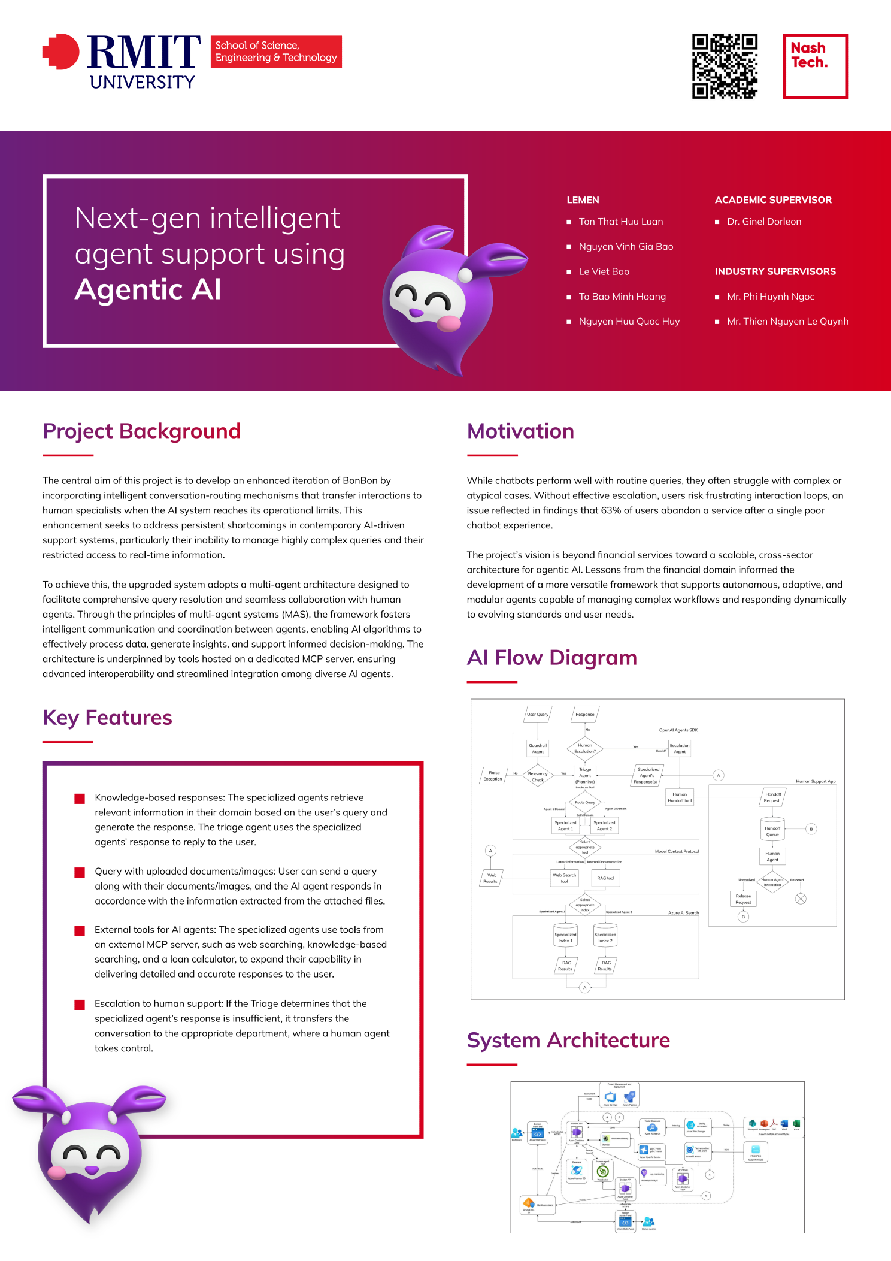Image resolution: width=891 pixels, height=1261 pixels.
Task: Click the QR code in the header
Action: pyautogui.click(x=725, y=66)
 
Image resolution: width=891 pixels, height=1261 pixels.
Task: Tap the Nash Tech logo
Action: pyautogui.click(x=816, y=66)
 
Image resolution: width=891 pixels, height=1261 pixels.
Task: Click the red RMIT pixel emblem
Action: pyautogui.click(x=61, y=52)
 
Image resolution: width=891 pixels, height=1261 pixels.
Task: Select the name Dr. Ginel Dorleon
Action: pyautogui.click(x=763, y=222)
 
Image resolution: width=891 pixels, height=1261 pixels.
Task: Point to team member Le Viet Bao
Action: pyautogui.click(x=604, y=271)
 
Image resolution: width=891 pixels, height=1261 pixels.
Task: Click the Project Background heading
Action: pyautogui.click(x=141, y=431)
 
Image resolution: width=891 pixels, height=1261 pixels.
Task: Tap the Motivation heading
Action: pyautogui.click(x=520, y=431)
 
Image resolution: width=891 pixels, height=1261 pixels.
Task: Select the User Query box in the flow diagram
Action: pyautogui.click(x=538, y=714)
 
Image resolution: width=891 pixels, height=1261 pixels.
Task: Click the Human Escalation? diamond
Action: pyautogui.click(x=585, y=748)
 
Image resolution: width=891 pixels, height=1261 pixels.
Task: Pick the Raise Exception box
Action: pyautogui.click(x=493, y=776)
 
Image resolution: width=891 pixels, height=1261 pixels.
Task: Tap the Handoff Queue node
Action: pyautogui.click(x=772, y=831)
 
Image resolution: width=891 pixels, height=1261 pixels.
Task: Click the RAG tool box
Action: pyautogui.click(x=605, y=878)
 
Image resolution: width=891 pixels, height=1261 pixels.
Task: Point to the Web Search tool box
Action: pyautogui.click(x=564, y=878)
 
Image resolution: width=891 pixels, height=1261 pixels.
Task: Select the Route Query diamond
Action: pyautogui.click(x=585, y=802)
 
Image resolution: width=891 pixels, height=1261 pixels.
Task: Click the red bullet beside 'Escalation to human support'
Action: pyautogui.click(x=80, y=1005)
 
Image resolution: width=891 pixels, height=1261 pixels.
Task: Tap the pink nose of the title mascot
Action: pyautogui.click(x=448, y=323)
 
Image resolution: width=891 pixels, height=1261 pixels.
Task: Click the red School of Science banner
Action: pyautogui.click(x=276, y=52)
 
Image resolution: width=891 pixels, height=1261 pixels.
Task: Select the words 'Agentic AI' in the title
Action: pyautogui.click(x=148, y=289)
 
